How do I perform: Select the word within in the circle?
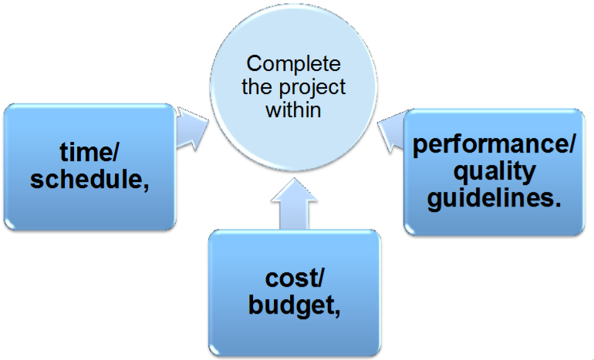pos(293,110)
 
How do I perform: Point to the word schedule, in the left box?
pos(91,178)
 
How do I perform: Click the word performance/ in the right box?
pos(493,146)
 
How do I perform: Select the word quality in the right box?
pos(493,170)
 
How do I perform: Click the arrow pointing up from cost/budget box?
pos(294,203)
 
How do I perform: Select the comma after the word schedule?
pos(144,183)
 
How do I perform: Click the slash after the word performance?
pos(572,146)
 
